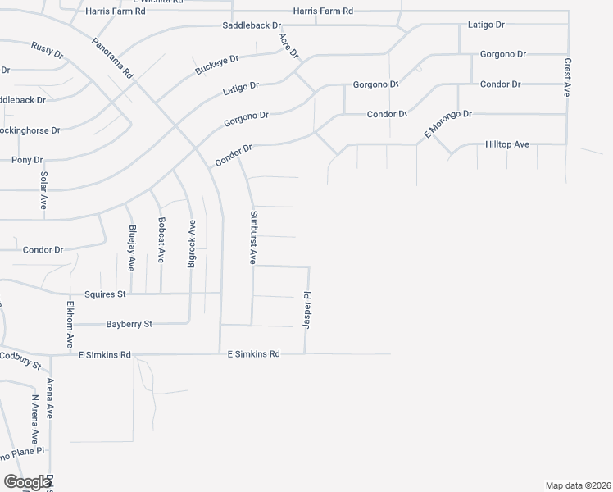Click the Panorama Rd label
[x=112, y=57]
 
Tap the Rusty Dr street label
[x=48, y=50]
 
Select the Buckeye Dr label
[x=216, y=65]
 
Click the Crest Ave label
[x=566, y=78]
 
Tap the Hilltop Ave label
[x=507, y=144]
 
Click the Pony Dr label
[x=26, y=160]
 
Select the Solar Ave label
[x=43, y=190]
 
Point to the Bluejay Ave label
[x=130, y=248]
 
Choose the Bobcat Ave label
[x=161, y=239]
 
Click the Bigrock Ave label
[x=191, y=244]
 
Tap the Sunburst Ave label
[x=253, y=237]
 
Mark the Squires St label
[x=105, y=294]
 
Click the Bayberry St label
[x=129, y=325]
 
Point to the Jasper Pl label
[x=307, y=310]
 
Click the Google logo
[x=27, y=482]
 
